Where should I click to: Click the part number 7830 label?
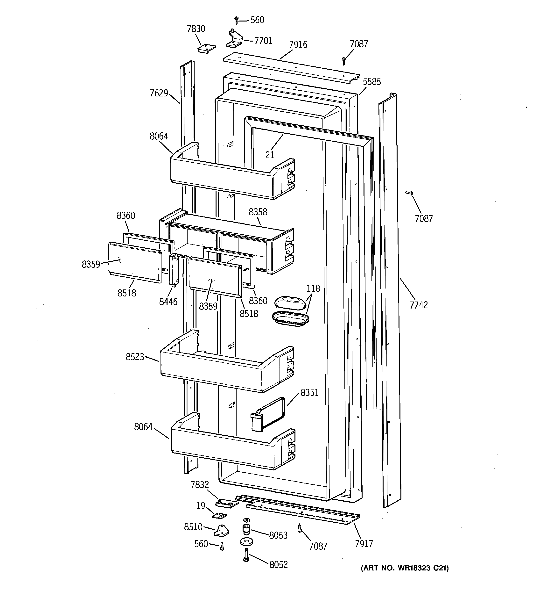click(x=196, y=29)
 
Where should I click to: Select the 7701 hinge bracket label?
click(x=263, y=41)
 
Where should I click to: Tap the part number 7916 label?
click(x=298, y=44)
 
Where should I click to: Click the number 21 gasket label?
click(x=270, y=155)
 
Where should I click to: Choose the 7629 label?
click(x=159, y=93)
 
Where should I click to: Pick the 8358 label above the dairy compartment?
click(x=258, y=212)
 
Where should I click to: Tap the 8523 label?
click(x=135, y=357)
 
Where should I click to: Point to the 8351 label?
click(x=309, y=393)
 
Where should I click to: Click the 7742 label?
click(x=418, y=305)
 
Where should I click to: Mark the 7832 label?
click(x=200, y=485)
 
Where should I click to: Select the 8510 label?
click(x=193, y=527)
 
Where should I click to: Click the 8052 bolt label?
click(x=278, y=565)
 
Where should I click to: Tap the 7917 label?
click(x=364, y=544)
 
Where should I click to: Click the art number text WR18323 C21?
click(x=404, y=568)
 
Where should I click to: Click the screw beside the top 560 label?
click(x=236, y=20)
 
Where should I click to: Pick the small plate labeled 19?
click(x=220, y=516)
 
